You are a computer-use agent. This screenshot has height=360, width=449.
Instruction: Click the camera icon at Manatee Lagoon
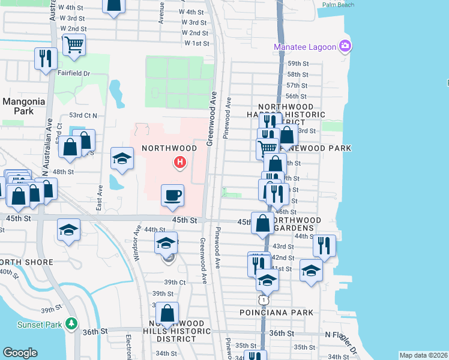[345, 46]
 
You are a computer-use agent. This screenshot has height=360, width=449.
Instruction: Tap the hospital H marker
[179, 162]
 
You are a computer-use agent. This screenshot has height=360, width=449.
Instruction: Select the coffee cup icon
[172, 194]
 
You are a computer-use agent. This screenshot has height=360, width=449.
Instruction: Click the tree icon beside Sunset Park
[72, 324]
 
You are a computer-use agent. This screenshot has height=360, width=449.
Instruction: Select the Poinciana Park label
[276, 313]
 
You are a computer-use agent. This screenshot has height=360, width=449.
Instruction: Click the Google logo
[20, 353]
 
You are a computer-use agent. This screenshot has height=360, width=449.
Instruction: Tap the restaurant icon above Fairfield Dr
[46, 58]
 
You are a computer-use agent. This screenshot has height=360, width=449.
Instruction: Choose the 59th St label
[298, 64]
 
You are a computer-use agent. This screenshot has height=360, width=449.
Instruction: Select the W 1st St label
[197, 43]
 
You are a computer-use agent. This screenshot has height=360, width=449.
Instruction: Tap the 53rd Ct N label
[83, 115]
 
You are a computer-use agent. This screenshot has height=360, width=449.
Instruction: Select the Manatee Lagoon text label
[305, 47]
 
